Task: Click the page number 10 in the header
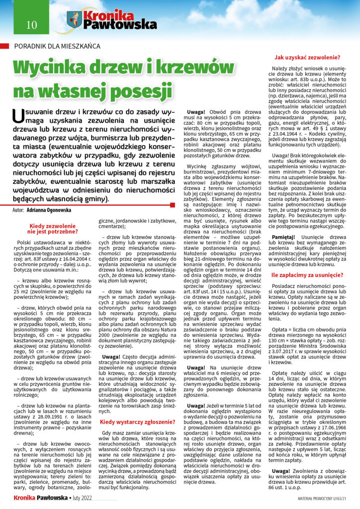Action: click(x=25, y=23)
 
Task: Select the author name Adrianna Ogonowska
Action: click(x=54, y=211)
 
